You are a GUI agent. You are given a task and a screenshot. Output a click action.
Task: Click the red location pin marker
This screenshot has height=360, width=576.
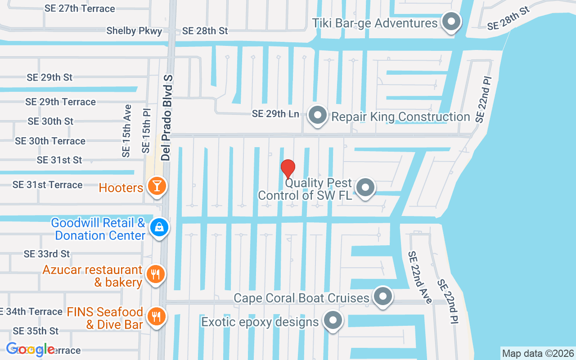pyautogui.click(x=288, y=169)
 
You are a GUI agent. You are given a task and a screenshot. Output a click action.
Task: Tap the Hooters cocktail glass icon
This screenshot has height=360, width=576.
pyautogui.click(x=157, y=186)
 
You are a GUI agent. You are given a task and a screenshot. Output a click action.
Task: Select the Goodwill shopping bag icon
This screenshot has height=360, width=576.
pyautogui.click(x=159, y=227)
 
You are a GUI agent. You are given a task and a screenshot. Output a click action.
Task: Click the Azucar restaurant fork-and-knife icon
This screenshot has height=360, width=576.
pyautogui.click(x=156, y=274)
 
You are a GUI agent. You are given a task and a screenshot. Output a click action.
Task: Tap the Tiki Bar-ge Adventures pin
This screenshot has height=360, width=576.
pyautogui.click(x=450, y=22)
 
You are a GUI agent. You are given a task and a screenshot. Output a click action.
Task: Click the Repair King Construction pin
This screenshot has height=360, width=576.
pyautogui.click(x=318, y=115)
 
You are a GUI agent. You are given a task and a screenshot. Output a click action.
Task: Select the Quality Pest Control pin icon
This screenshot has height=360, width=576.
pyautogui.click(x=365, y=187)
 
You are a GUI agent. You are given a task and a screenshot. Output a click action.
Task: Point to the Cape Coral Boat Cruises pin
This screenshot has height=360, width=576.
pyautogui.click(x=383, y=297)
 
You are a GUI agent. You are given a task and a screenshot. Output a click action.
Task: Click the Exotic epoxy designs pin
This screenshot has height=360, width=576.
pyautogui.click(x=333, y=321)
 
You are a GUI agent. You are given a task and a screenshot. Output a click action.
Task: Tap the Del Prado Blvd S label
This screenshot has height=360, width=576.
pyautogui.click(x=167, y=118)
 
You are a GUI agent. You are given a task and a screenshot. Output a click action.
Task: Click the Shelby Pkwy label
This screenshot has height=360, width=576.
pyautogui.click(x=134, y=31)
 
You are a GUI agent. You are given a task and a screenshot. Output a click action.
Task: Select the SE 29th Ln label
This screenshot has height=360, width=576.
pyautogui.click(x=275, y=114)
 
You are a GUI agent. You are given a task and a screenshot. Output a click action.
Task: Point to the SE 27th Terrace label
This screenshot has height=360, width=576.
pyautogui.click(x=80, y=9)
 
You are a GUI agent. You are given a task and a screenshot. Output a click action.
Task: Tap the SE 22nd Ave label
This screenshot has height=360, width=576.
pyautogui.click(x=420, y=277)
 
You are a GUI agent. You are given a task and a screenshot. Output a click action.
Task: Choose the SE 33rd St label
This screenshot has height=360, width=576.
pyautogui.click(x=47, y=254)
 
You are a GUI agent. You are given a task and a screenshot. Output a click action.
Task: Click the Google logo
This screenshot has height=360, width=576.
pyautogui.click(x=31, y=349)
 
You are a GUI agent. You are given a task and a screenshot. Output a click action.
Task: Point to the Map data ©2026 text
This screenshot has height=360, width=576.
pyautogui.click(x=538, y=353)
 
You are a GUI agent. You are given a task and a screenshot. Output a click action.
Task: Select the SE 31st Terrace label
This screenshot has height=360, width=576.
pyautogui.click(x=47, y=184)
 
